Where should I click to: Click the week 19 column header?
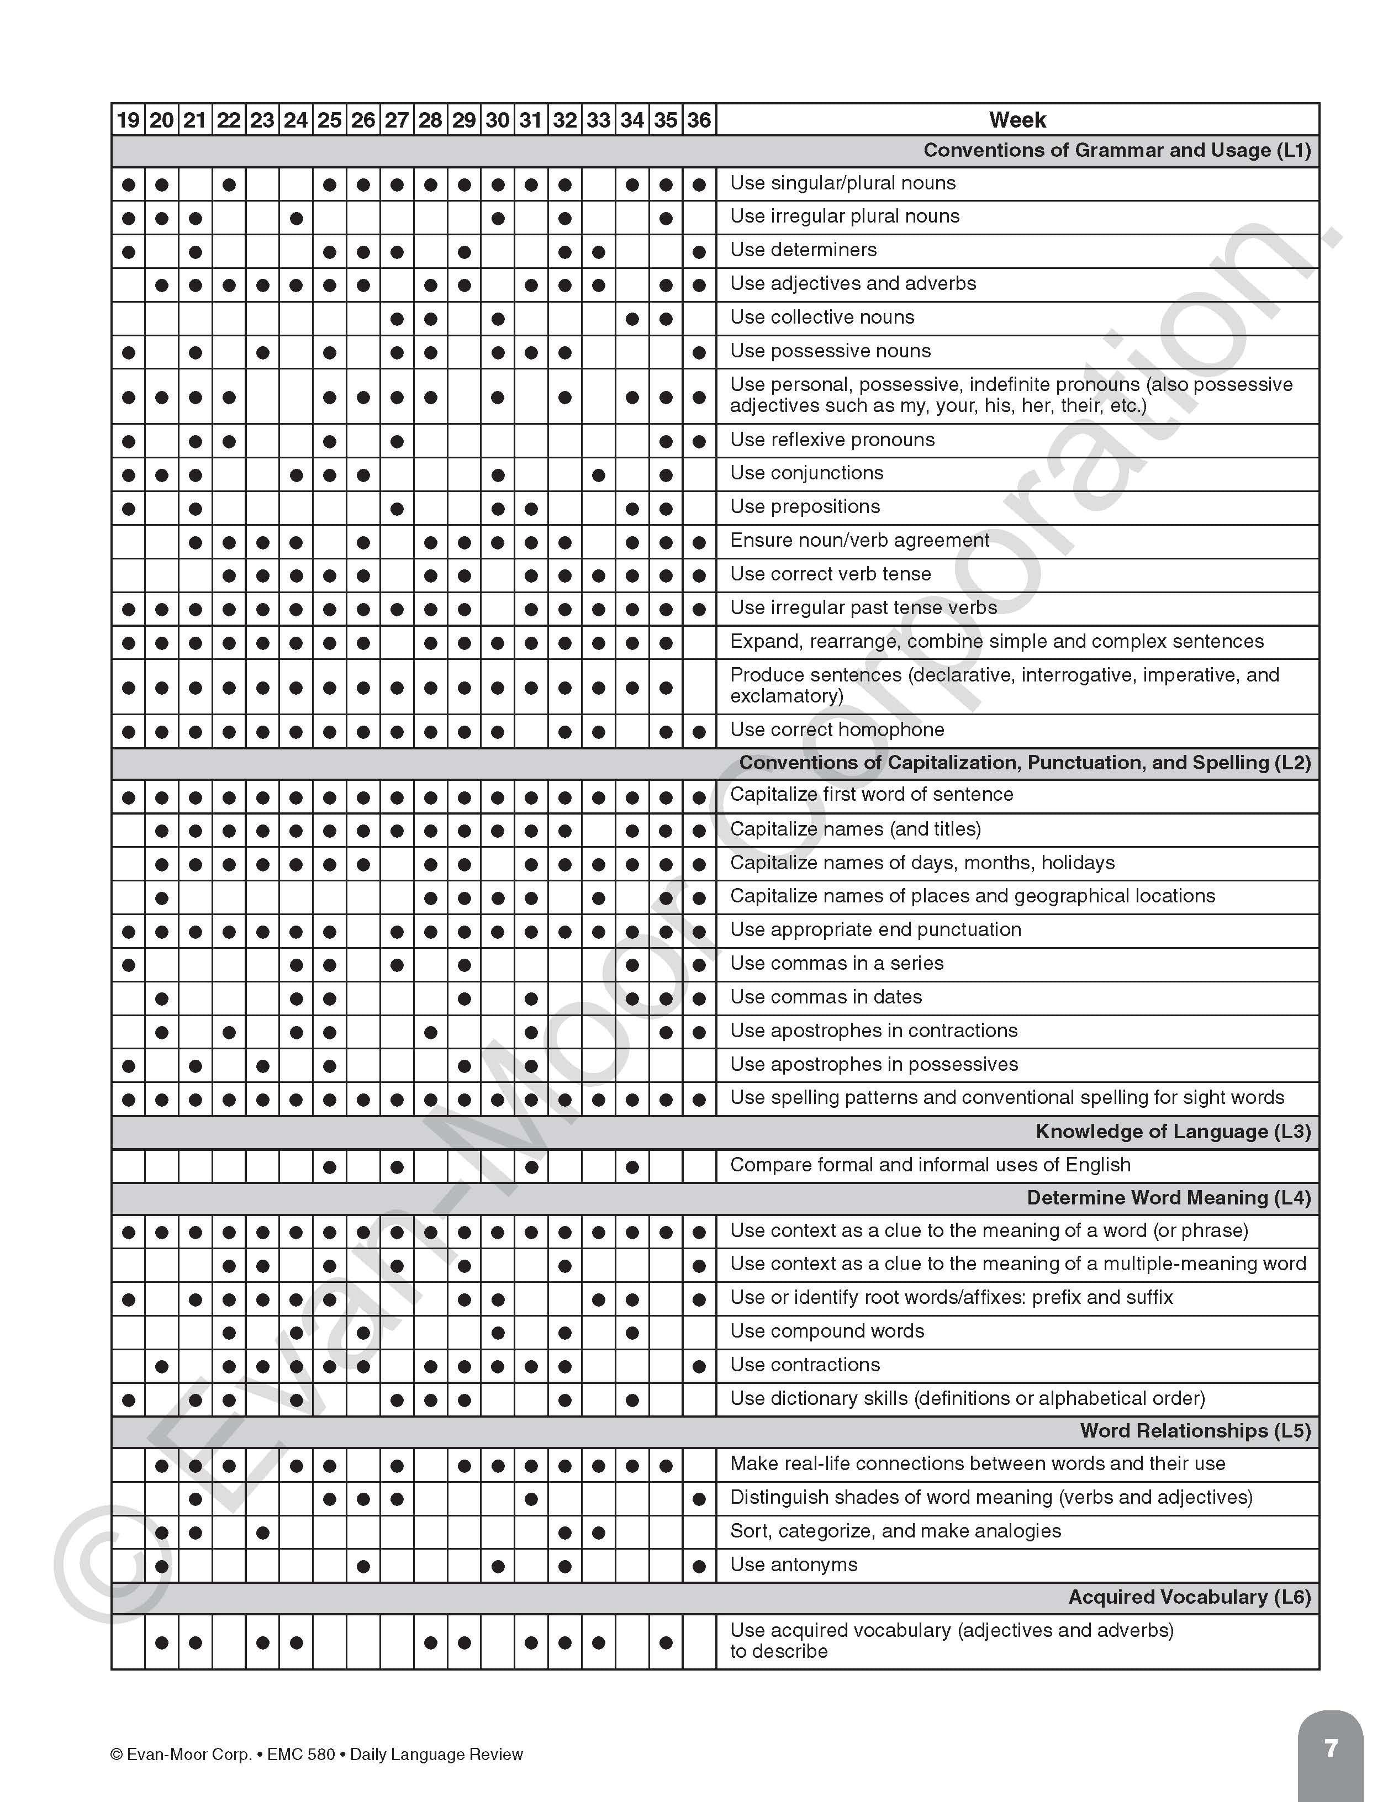[x=128, y=120]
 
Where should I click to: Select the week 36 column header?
[x=699, y=120]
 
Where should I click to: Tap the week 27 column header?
[x=397, y=120]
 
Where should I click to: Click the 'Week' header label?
[x=1017, y=120]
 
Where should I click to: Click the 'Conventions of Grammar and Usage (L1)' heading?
[x=1116, y=150]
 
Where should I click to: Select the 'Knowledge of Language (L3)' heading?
[x=1173, y=1131]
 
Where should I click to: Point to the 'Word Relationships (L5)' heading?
[x=1195, y=1431]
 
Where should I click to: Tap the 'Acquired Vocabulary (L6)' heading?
[x=1189, y=1597]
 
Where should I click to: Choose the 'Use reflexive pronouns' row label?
[x=832, y=440]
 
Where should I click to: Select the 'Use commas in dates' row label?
[x=826, y=997]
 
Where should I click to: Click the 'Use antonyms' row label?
[x=794, y=1565]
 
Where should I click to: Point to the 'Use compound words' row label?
[x=827, y=1331]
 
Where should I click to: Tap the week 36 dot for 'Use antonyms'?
[x=699, y=1566]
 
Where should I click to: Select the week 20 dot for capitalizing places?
[x=162, y=898]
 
